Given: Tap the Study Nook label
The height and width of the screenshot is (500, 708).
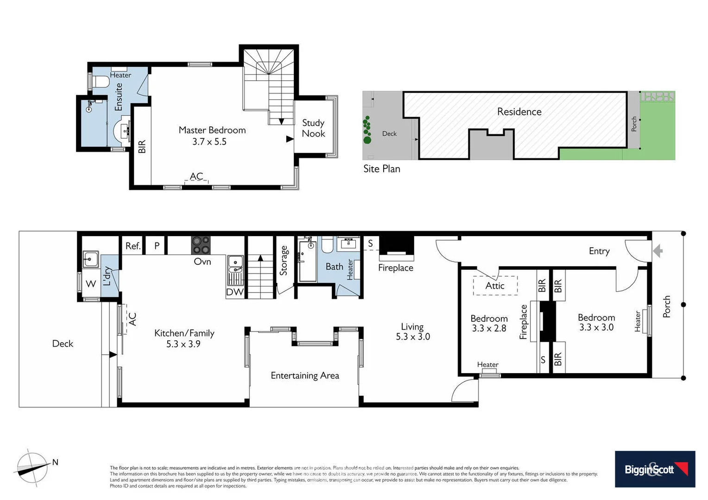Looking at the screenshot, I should [x=313, y=128].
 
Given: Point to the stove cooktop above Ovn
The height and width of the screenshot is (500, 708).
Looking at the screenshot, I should [x=201, y=245].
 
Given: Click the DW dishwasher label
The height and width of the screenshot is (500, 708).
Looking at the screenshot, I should [x=234, y=292].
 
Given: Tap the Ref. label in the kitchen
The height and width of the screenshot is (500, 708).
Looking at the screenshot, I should [x=133, y=246].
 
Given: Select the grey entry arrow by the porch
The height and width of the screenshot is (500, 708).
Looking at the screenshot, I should [x=657, y=251].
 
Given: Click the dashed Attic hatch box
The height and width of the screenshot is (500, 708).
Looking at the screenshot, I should [x=495, y=286].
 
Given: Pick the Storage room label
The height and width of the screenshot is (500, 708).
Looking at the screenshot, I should [x=284, y=261].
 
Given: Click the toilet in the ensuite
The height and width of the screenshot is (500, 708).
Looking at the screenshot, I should [x=101, y=82].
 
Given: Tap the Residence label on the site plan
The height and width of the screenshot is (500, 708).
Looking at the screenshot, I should [x=519, y=112].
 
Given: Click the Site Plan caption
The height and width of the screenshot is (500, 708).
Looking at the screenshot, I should [x=381, y=169].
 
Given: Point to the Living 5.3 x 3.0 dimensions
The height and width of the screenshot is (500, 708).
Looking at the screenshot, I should [x=412, y=337].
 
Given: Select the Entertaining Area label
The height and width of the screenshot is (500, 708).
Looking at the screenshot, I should [x=305, y=375].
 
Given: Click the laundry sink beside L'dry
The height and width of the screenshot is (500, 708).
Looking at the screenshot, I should [x=90, y=259].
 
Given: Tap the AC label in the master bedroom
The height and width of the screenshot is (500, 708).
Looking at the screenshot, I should [x=196, y=176].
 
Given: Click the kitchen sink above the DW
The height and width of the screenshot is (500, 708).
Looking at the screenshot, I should [x=235, y=263].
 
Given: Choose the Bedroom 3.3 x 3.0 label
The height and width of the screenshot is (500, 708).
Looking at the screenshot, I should [x=596, y=322].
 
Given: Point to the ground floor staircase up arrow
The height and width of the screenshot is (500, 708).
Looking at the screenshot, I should [x=260, y=258].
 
